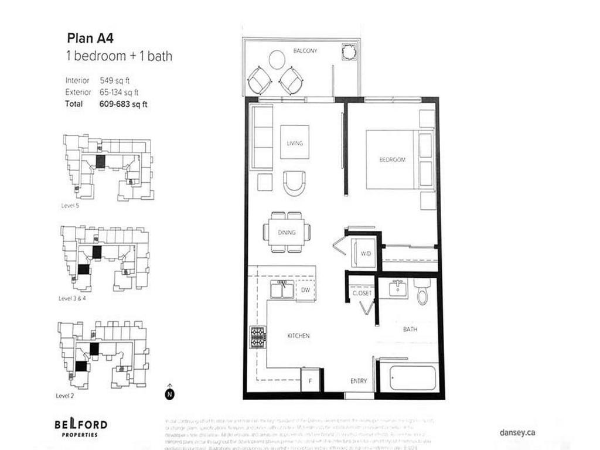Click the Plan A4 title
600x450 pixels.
90,39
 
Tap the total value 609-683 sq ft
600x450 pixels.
123,104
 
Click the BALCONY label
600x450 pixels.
305,51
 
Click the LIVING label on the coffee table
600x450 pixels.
295,143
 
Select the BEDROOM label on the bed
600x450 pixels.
392,159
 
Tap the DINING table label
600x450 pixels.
287,233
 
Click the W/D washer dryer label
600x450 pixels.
365,254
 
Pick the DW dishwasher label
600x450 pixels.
305,290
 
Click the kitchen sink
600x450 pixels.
282,290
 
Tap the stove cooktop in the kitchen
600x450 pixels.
257,337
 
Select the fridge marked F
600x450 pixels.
310,381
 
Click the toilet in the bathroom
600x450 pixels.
423,291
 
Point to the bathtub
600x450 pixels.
413,378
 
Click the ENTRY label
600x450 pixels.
359,381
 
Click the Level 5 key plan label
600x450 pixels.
70,206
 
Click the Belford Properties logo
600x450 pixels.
81,427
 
